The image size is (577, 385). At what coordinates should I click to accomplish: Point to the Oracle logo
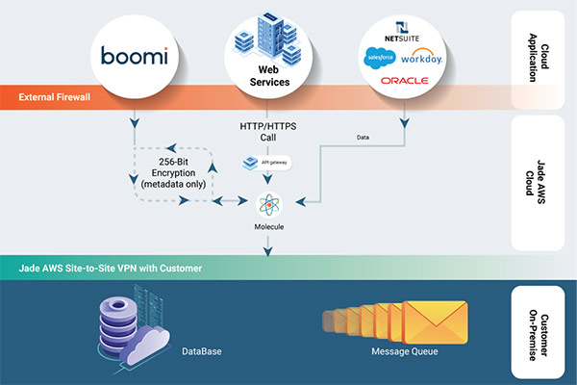pos(404,81)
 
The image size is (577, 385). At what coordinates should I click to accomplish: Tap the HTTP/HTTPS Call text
pos(264,132)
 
